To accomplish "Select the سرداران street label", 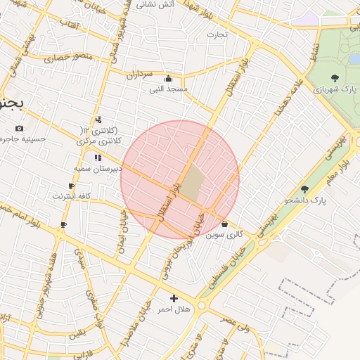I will click(139, 72).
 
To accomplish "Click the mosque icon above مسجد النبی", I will click(168, 78).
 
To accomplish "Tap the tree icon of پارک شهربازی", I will click(334, 78).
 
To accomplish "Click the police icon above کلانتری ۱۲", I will click(98, 119).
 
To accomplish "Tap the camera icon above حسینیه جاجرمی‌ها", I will click(18, 128).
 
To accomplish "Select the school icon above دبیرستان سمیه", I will click(97, 157).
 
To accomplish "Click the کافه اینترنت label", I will click(71, 196).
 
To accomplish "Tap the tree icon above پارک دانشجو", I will click(304, 189).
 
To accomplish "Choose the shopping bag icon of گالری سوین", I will click(224, 224).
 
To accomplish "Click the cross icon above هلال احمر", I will click(174, 298).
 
